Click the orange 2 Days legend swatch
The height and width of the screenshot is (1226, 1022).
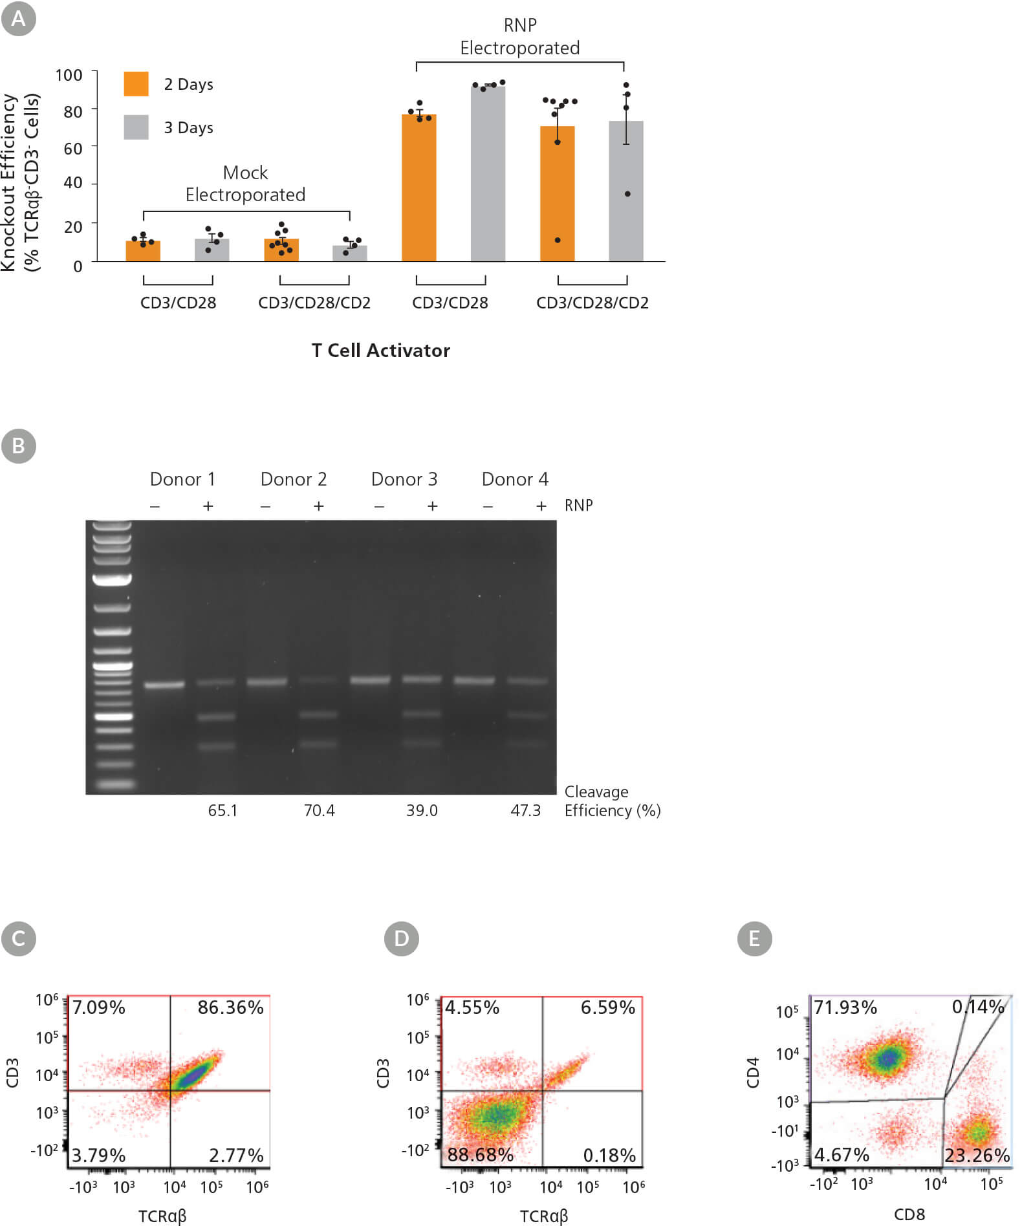pos(136,84)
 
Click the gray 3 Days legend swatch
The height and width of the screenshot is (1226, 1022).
pos(136,127)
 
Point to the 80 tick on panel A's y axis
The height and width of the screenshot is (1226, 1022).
pos(73,112)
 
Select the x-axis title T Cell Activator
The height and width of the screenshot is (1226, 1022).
pos(380,350)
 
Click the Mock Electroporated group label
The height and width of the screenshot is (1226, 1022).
pos(245,184)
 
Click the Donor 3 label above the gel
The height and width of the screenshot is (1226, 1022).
pos(404,479)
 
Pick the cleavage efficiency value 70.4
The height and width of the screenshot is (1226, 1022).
pos(319,810)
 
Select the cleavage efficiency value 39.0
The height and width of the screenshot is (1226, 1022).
pos(422,810)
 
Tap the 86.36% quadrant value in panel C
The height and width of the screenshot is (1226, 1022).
pos(230,1007)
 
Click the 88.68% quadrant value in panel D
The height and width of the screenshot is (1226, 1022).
pos(480,1154)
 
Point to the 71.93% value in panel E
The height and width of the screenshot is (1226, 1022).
pos(845,1007)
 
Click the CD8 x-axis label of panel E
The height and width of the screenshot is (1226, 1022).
pos(909,1214)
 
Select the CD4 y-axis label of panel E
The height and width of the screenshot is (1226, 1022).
pos(752,1073)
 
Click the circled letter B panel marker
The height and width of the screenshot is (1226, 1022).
pos(19,446)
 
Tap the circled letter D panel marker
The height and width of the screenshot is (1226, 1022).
pos(401,938)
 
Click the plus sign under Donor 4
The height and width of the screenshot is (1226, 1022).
pos(541,506)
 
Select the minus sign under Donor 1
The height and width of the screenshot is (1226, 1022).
pos(155,506)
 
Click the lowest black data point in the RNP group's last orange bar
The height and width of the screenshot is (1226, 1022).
pos(558,241)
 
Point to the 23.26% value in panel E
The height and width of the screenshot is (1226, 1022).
pos(977,1155)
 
